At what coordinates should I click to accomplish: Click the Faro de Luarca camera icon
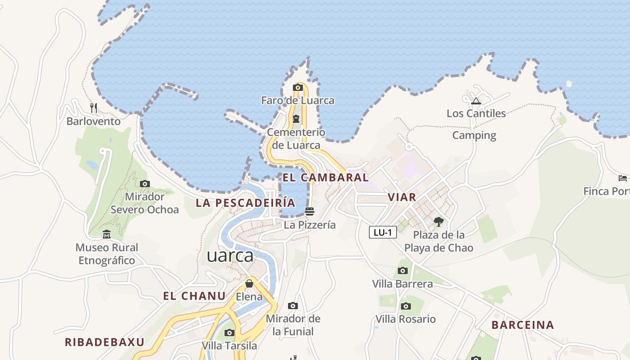tap(297, 87)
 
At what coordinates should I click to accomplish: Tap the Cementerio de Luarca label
tap(296, 139)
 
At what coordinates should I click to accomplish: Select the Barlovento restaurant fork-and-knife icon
tap(94, 108)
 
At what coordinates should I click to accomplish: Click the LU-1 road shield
tap(383, 232)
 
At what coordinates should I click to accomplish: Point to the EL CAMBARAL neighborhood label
tap(325, 177)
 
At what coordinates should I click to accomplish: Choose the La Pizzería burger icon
tap(309, 211)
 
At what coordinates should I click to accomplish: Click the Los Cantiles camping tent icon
tap(476, 101)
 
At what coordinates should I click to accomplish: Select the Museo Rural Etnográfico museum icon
tap(107, 234)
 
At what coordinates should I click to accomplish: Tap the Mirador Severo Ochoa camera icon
tap(144, 184)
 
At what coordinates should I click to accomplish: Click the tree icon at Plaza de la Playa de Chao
tap(438, 221)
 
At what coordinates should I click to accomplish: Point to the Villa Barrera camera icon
tap(403, 271)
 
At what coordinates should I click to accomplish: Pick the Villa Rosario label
tap(405, 319)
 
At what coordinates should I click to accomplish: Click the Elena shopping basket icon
tap(249, 283)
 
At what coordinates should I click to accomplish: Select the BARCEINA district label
tap(522, 325)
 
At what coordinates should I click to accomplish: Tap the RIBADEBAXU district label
tap(104, 342)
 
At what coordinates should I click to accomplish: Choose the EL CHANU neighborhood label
tap(194, 296)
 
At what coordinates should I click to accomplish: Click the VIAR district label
tap(401, 197)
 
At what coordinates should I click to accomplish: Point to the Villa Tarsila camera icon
tap(229, 333)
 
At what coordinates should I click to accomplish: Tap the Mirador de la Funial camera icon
tap(293, 306)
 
